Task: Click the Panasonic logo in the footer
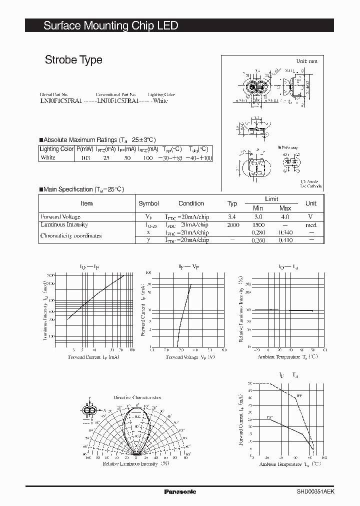click(180, 492)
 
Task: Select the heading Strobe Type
click(73, 60)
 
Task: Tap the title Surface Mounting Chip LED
click(110, 25)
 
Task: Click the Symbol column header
click(148, 203)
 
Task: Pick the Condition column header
click(191, 203)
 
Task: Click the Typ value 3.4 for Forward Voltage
click(232, 217)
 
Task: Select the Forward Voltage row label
click(60, 217)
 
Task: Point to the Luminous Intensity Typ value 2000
click(232, 225)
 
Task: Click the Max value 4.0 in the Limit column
click(285, 217)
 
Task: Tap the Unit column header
click(311, 203)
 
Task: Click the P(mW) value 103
click(85, 158)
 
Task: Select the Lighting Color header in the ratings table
click(56, 149)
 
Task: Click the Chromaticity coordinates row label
click(70, 236)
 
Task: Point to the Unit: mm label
click(306, 61)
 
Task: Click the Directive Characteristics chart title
click(137, 397)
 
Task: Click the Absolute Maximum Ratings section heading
click(99, 140)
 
